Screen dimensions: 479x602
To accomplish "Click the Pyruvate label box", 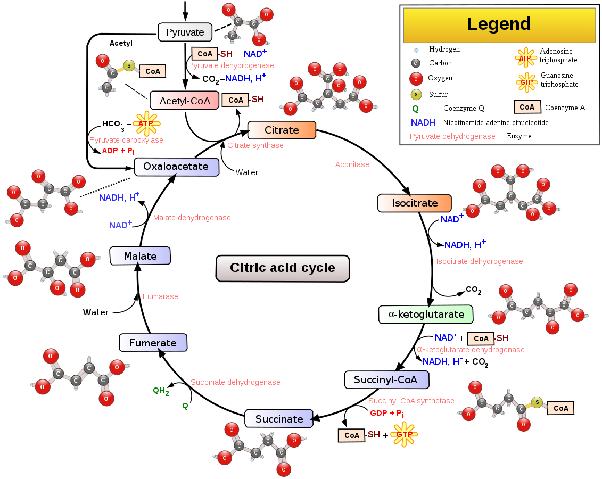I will click(185, 32).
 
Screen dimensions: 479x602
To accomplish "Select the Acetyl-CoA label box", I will click(185, 101).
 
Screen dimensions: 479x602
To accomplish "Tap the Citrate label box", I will click(282, 130).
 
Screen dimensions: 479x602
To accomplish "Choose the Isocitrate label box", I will click(414, 203).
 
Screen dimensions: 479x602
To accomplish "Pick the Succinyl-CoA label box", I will click(386, 379).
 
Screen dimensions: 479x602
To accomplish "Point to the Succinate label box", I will click(279, 419).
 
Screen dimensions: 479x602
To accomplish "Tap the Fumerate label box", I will click(153, 343).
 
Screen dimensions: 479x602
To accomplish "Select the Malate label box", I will click(140, 256).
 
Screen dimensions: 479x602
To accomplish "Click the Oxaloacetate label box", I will click(176, 167).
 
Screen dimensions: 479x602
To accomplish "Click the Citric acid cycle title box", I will click(283, 268).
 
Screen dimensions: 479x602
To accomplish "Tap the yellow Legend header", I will click(499, 24).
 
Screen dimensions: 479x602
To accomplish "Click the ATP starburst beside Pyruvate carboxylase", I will click(146, 123).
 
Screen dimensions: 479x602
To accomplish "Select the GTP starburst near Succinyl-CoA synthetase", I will click(404, 434).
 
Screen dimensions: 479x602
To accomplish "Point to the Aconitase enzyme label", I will click(352, 164).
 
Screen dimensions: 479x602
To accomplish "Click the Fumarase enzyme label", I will click(160, 296).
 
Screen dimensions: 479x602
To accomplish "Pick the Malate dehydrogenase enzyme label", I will click(192, 218).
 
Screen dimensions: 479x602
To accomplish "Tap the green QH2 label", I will click(161, 391).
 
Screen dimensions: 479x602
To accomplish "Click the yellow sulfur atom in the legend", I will click(416, 95).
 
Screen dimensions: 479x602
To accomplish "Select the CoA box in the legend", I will click(527, 107).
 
